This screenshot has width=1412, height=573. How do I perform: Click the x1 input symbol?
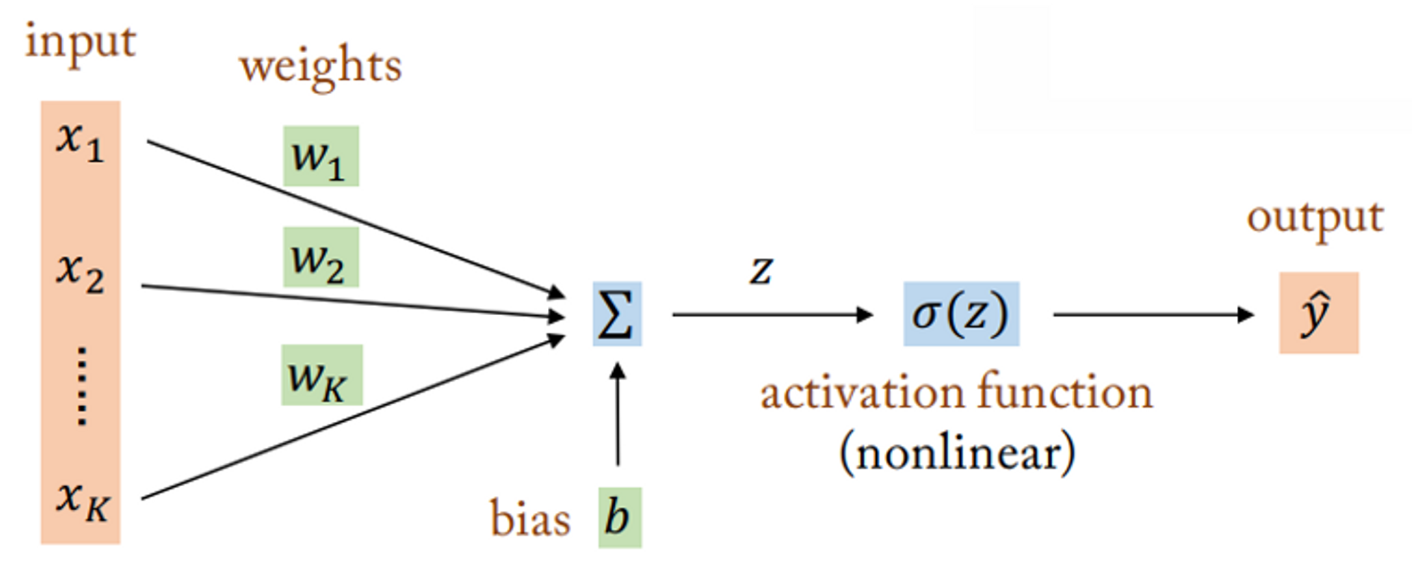click(80, 141)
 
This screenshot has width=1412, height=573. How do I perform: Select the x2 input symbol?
click(80, 273)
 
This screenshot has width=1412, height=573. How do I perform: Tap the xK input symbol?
click(82, 501)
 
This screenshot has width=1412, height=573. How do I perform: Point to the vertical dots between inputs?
click(82, 386)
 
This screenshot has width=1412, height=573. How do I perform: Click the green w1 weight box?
click(321, 157)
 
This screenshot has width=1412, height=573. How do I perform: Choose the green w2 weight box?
click(321, 257)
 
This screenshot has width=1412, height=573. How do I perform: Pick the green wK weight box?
click(321, 375)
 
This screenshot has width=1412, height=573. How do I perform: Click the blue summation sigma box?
click(616, 314)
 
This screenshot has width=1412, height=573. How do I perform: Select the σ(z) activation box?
click(961, 314)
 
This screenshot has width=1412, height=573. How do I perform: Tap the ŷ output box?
click(1318, 313)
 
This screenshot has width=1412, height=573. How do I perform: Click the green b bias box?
click(619, 518)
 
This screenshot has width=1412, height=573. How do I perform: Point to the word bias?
click(529, 519)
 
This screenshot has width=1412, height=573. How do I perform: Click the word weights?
click(321, 66)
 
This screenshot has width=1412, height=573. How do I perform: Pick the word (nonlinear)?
click(957, 453)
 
